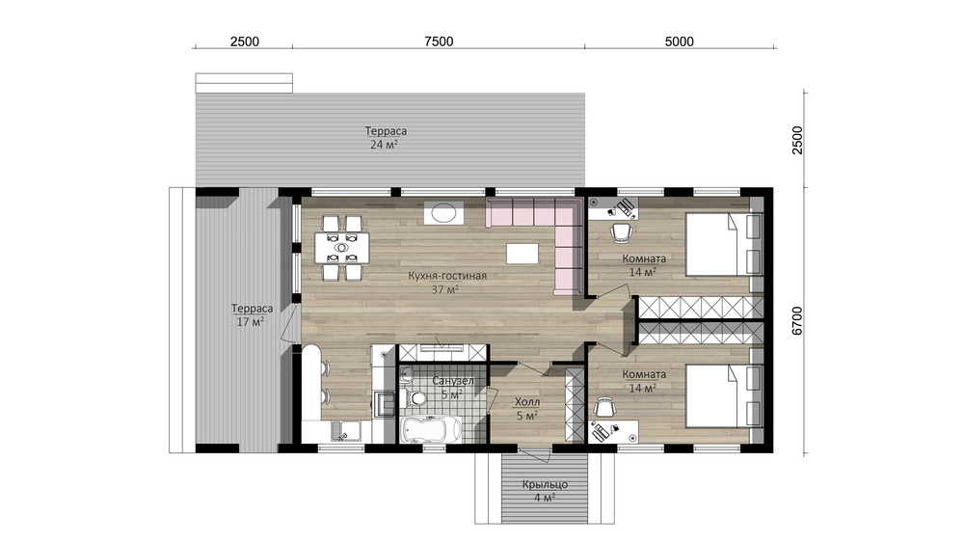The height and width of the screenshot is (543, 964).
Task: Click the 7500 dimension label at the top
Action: tap(439, 41)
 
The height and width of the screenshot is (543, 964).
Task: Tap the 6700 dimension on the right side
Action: tap(797, 320)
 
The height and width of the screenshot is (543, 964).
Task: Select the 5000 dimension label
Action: tap(679, 41)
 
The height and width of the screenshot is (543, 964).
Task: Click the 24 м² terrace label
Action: tap(384, 145)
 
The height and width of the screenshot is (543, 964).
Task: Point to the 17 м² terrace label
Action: tap(251, 321)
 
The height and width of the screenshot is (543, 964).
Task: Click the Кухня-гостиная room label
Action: tap(447, 276)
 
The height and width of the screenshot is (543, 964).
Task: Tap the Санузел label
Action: tap(453, 381)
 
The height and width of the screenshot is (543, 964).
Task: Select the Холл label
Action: tap(527, 401)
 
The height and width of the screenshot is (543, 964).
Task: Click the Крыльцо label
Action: tap(545, 484)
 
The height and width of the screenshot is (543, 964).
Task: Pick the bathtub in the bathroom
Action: tap(430, 429)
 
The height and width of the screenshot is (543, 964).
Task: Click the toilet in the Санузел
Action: tap(417, 398)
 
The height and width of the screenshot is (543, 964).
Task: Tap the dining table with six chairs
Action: tap(341, 247)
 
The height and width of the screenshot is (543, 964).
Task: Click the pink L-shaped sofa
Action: tap(541, 240)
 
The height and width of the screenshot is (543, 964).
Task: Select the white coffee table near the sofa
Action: tap(522, 253)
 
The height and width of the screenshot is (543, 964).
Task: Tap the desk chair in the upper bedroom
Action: tap(621, 232)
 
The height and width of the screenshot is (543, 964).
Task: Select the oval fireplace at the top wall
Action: tap(442, 213)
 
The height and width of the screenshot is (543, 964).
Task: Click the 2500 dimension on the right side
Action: tap(797, 140)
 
